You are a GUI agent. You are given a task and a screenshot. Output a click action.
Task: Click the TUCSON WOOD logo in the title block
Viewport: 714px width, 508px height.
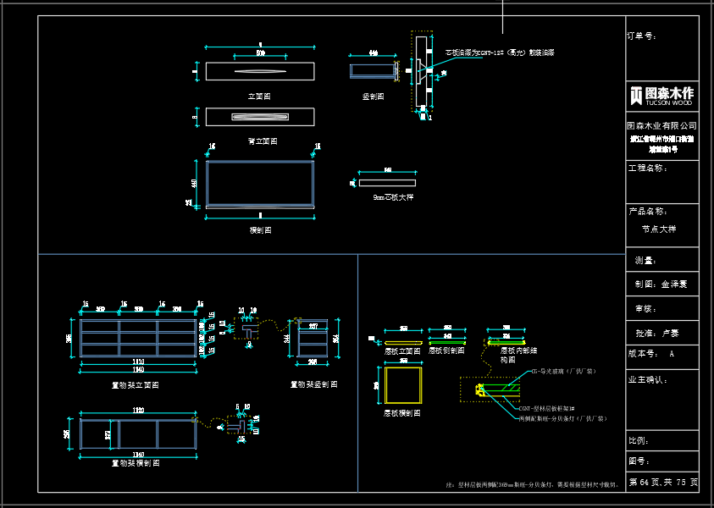tap(662, 95)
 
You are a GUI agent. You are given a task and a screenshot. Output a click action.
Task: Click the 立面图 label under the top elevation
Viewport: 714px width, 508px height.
tap(259, 97)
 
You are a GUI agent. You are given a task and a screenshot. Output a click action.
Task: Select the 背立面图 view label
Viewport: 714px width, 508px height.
tap(262, 141)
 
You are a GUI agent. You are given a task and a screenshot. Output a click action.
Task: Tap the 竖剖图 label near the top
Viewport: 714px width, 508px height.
tap(373, 97)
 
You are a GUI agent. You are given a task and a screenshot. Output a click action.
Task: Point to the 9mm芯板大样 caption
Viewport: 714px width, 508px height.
tap(394, 197)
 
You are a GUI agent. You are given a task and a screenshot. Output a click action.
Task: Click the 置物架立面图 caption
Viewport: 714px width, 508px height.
tap(136, 384)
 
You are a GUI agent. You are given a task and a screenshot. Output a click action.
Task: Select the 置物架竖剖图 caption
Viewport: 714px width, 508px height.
tap(313, 384)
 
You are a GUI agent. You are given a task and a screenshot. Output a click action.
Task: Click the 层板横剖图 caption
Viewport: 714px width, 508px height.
tap(401, 413)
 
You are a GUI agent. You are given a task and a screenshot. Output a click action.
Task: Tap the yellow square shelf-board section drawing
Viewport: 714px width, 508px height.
tap(402, 385)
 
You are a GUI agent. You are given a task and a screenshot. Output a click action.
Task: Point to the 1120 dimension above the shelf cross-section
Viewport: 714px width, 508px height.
tap(138, 411)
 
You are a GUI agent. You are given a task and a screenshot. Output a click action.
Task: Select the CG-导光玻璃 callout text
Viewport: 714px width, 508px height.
tap(563, 371)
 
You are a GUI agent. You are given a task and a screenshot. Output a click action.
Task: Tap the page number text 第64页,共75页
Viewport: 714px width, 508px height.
tap(663, 482)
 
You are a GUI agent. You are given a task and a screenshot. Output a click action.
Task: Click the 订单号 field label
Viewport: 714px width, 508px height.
tap(641, 36)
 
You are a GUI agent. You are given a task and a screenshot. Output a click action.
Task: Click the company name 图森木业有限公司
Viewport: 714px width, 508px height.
tap(662, 125)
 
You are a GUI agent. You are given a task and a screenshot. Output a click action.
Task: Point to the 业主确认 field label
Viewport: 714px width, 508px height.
tap(649, 379)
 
